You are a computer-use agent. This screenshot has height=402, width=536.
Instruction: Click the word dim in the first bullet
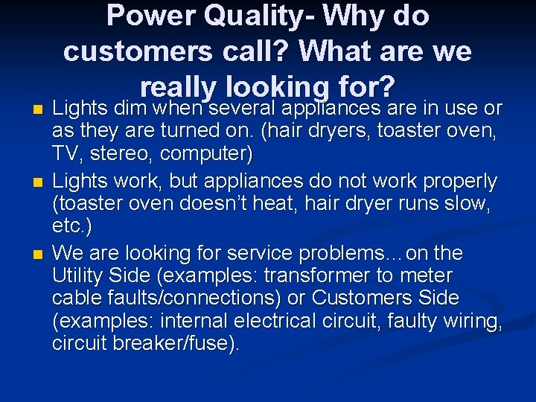[130, 109]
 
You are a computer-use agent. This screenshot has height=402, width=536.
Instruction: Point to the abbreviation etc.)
[72, 226]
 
